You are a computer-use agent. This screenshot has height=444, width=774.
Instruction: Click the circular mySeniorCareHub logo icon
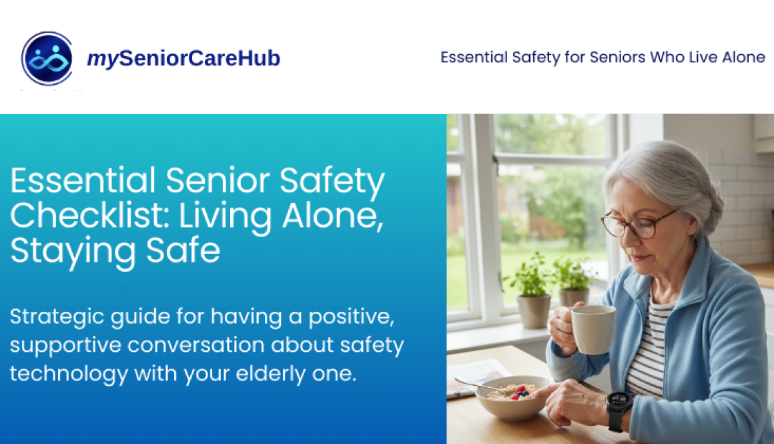(47, 59)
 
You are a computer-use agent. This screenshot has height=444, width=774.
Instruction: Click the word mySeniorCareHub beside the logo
(183, 59)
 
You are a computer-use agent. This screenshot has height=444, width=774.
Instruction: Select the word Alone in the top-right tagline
(743, 57)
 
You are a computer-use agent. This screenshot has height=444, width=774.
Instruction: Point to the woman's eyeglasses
(637, 224)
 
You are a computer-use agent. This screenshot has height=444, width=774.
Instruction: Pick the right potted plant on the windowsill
(573, 282)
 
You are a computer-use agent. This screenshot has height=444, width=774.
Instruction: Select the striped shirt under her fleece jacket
(651, 347)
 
